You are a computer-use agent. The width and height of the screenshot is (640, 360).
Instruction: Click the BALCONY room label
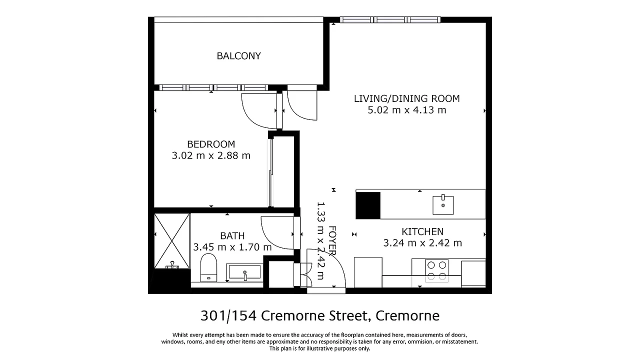tap(238, 56)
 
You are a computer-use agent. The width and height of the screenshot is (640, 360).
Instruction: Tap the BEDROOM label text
tap(211, 144)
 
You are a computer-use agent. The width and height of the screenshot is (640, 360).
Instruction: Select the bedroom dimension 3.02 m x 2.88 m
tap(211, 155)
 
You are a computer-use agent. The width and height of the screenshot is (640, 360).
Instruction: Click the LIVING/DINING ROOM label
tap(406, 98)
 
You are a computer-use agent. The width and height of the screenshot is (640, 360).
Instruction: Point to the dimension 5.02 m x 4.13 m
tap(406, 110)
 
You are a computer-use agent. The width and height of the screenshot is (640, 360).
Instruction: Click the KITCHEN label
tap(422, 231)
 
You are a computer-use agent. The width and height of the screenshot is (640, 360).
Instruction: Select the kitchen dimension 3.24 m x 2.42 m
tap(422, 243)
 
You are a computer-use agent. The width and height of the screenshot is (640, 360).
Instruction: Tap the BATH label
tap(232, 235)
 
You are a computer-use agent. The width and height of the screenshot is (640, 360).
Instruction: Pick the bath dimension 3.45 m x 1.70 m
tap(232, 247)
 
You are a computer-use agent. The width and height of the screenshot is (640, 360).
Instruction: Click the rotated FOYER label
tap(332, 240)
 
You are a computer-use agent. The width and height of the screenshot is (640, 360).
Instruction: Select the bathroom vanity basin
tap(244, 273)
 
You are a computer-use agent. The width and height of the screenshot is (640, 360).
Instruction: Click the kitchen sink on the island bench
tap(443, 205)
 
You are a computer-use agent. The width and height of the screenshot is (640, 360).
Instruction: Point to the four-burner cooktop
tap(436, 270)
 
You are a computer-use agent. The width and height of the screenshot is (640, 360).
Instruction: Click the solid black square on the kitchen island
tap(367, 205)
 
